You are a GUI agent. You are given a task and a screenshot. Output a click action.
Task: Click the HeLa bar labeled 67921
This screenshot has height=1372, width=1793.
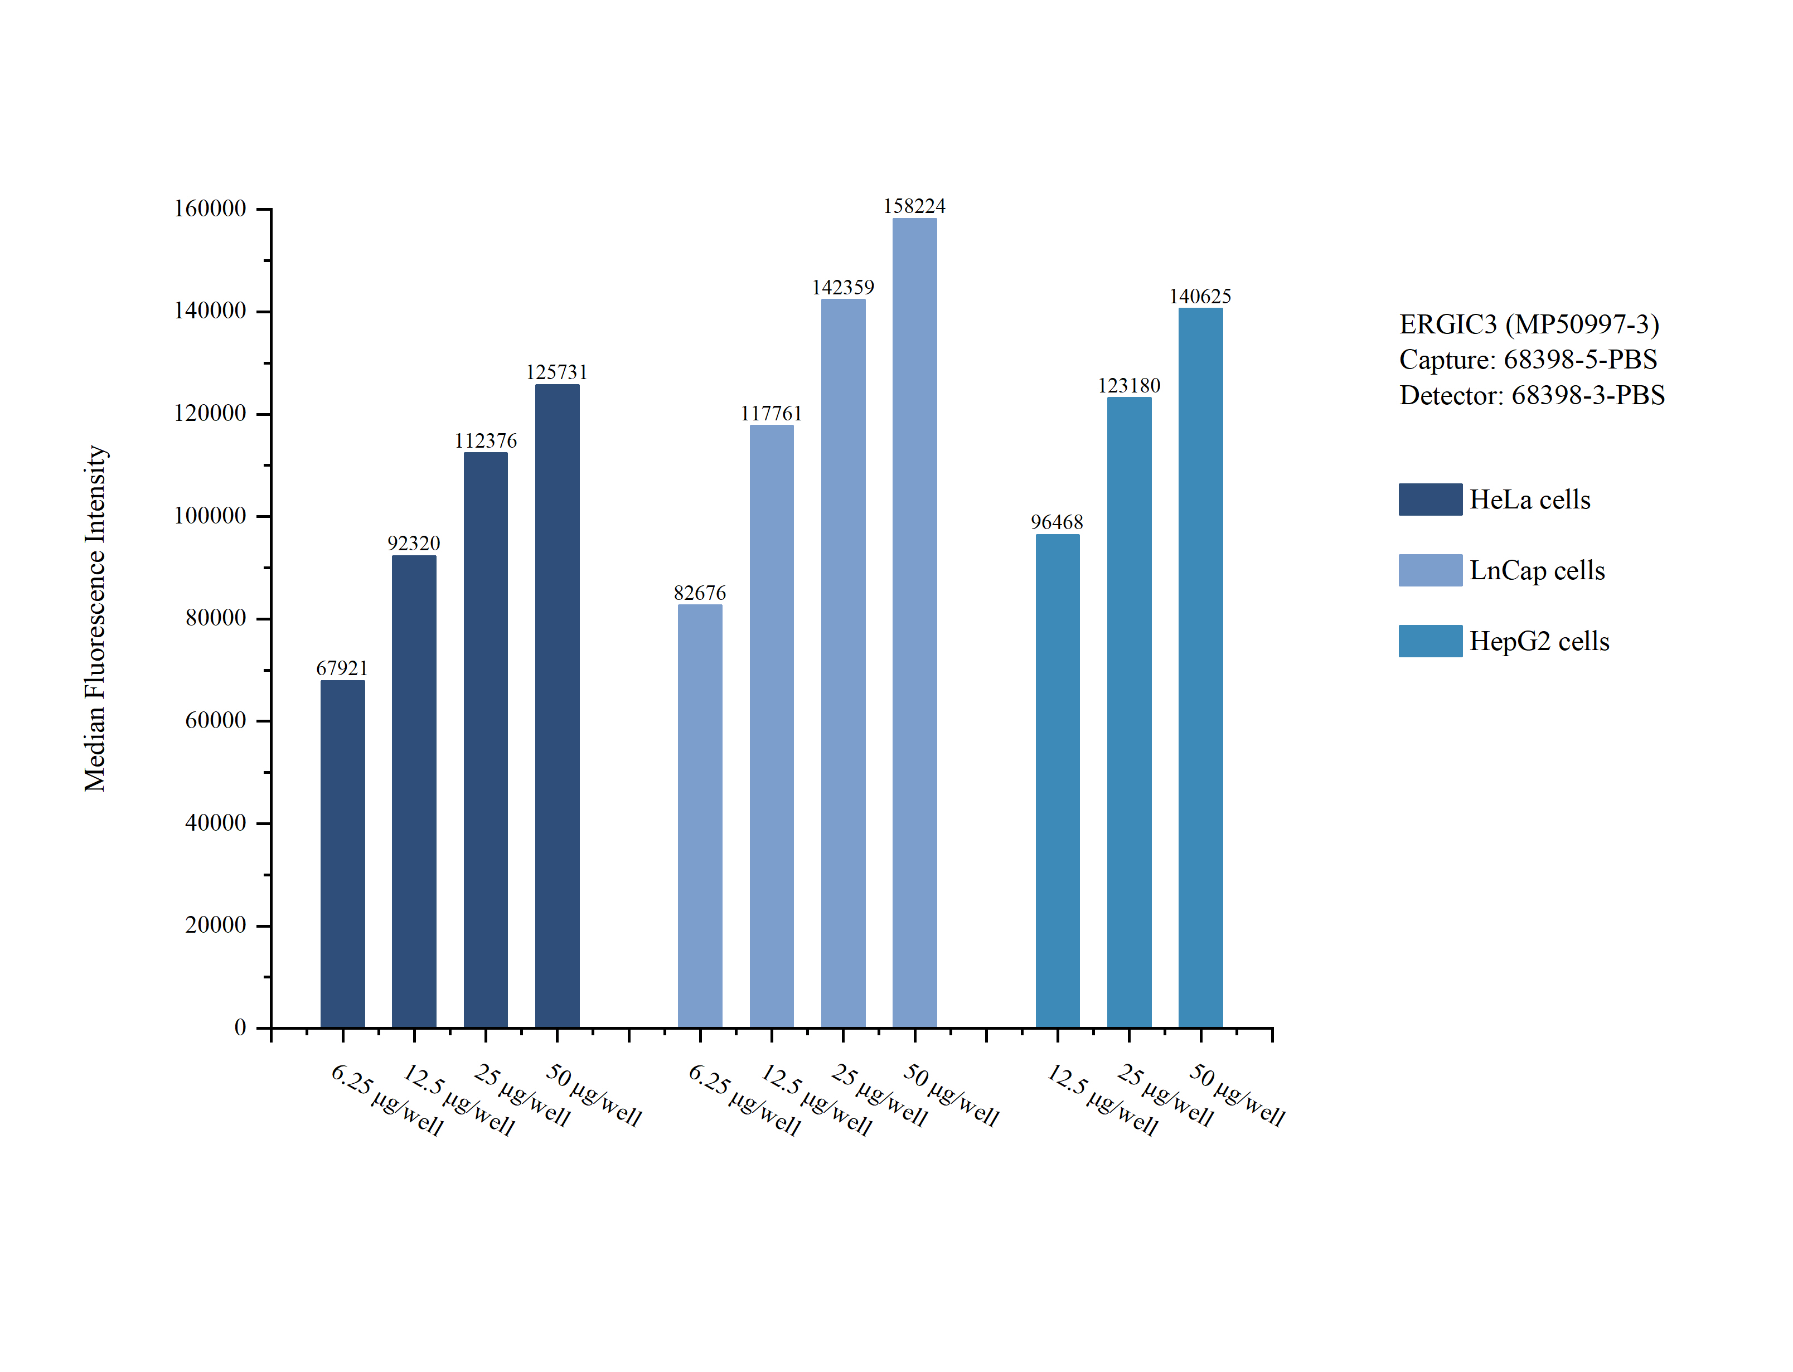pyautogui.click(x=342, y=854)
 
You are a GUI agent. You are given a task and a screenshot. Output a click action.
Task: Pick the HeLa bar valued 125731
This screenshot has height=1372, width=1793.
pyautogui.click(x=557, y=706)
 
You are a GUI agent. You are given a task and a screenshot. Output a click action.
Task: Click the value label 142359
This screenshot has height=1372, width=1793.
pyautogui.click(x=842, y=288)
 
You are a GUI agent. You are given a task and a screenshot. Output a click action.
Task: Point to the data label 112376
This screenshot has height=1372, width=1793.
pyautogui.click(x=485, y=441)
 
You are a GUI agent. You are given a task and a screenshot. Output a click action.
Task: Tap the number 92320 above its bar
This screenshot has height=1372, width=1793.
pyautogui.click(x=413, y=544)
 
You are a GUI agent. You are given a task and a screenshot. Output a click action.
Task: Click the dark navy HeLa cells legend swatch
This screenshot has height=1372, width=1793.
pyautogui.click(x=1429, y=499)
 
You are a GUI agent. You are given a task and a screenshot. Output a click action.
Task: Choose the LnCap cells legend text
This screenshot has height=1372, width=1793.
pyautogui.click(x=1537, y=570)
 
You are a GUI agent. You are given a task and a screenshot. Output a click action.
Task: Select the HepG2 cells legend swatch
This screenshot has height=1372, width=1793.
pyautogui.click(x=1429, y=641)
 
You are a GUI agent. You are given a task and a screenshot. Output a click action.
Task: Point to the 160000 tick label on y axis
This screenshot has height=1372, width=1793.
pyautogui.click(x=210, y=209)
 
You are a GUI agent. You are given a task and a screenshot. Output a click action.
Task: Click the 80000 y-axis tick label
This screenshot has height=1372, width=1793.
pyautogui.click(x=216, y=618)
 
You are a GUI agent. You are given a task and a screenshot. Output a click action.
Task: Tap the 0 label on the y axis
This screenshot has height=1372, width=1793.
pyautogui.click(x=240, y=1027)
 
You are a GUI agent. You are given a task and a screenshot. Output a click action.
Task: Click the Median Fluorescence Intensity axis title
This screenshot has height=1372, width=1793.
pyautogui.click(x=95, y=618)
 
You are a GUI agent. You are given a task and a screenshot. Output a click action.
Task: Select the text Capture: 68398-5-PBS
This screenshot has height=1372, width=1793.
pyautogui.click(x=1528, y=360)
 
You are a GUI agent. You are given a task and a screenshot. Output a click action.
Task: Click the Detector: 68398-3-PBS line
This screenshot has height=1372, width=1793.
pyautogui.click(x=1532, y=395)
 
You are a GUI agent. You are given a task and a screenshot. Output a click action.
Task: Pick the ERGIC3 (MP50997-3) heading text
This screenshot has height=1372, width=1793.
pyautogui.click(x=1529, y=324)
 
